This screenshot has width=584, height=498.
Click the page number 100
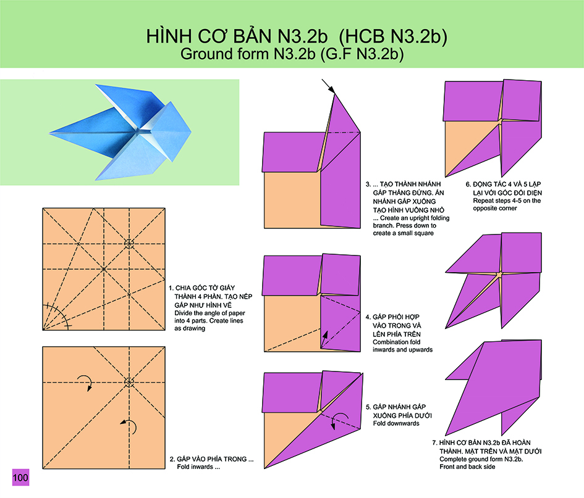(20, 477)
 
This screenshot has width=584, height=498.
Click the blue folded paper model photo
(121, 132)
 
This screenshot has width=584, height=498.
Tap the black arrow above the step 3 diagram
(328, 86)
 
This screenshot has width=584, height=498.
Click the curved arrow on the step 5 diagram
(340, 420)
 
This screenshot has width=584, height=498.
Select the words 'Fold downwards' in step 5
(396, 423)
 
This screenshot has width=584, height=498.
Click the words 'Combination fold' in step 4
(396, 342)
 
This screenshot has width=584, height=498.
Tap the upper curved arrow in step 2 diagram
(86, 381)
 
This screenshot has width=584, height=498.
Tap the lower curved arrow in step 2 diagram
(130, 426)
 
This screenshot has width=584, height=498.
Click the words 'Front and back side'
(467, 467)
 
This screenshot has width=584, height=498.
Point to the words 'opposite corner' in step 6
(495, 209)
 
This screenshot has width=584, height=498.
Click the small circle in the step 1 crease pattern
(129, 244)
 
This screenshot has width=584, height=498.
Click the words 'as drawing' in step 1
(190, 328)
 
